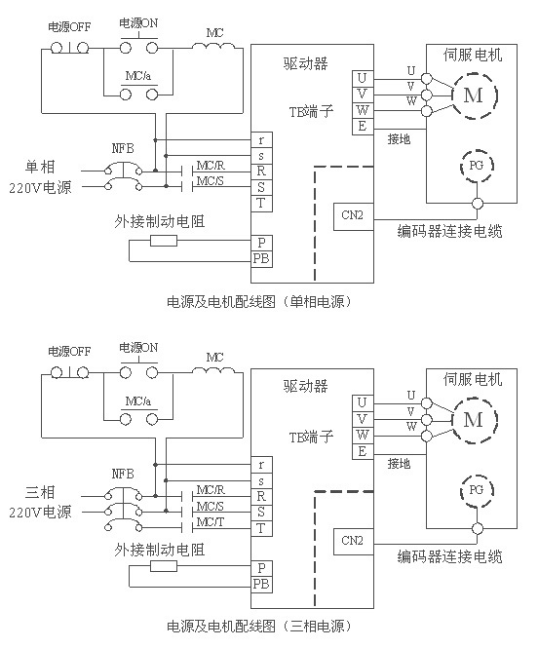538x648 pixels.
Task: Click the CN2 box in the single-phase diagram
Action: [353, 216]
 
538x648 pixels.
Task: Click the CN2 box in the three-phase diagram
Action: [353, 541]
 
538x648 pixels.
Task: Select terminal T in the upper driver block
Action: [261, 204]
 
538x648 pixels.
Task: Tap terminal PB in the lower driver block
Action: [261, 585]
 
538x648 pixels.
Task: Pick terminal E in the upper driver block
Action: [363, 126]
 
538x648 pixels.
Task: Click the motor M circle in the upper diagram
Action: [474, 95]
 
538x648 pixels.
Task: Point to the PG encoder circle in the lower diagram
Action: [477, 490]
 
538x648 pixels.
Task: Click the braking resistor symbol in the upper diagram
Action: [164, 241]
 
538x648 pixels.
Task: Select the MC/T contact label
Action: [211, 522]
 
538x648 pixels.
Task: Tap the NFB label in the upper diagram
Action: [123, 149]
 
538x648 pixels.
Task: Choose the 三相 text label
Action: [40, 492]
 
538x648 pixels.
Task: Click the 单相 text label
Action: [40, 167]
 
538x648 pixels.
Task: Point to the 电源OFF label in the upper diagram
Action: [69, 27]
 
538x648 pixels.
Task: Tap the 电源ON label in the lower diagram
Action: [138, 348]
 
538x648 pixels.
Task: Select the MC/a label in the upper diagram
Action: [138, 76]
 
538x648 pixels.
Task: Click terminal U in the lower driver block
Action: [363, 402]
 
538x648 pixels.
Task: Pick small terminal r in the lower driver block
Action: [261, 465]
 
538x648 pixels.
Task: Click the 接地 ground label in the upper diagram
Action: [399, 139]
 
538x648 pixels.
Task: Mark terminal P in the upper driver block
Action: [261, 243]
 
